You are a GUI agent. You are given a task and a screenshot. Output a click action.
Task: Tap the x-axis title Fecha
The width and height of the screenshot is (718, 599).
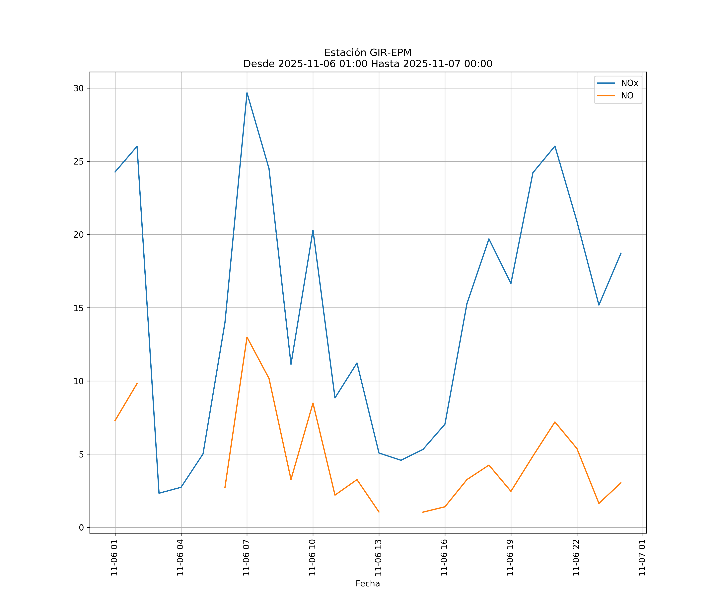click(x=368, y=584)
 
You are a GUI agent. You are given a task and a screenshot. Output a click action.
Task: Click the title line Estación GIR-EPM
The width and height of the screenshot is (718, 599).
click(x=368, y=53)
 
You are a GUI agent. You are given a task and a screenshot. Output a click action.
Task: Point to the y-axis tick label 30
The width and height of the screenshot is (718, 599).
click(x=79, y=88)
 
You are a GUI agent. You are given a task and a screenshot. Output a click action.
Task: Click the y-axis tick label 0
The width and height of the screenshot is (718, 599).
click(x=81, y=528)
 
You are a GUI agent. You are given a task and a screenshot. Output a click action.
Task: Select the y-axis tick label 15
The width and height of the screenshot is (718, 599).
click(x=79, y=308)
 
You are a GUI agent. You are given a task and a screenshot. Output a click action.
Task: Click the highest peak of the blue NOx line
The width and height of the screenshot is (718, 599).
click(x=247, y=93)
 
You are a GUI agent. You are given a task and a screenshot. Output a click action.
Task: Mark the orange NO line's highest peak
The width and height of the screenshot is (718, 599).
click(x=247, y=337)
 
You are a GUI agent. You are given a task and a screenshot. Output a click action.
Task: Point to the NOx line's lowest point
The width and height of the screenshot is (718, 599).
click(x=159, y=493)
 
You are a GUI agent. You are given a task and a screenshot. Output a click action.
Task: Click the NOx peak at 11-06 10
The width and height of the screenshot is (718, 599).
click(x=313, y=230)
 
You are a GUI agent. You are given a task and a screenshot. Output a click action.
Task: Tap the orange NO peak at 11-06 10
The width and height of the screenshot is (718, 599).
click(x=313, y=403)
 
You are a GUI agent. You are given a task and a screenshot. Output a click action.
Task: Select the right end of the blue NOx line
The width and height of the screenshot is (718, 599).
click(x=621, y=253)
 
